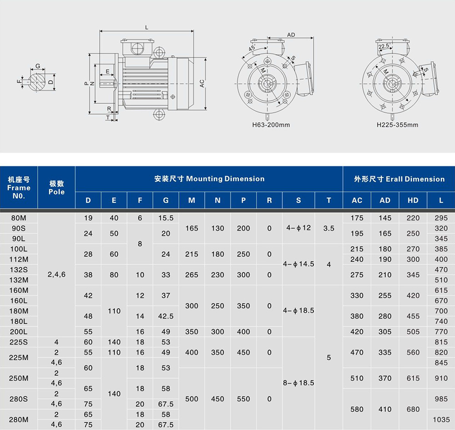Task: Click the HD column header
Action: coord(413,200)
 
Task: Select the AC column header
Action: coord(357,200)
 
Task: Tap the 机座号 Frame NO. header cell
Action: coord(19,187)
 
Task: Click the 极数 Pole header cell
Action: coord(56,187)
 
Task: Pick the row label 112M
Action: coord(19,259)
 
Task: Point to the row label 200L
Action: coord(19,332)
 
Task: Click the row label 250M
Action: coord(19,378)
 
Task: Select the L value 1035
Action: coord(441,420)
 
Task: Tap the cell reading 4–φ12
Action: coord(298,228)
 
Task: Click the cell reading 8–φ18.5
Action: coord(298,383)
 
